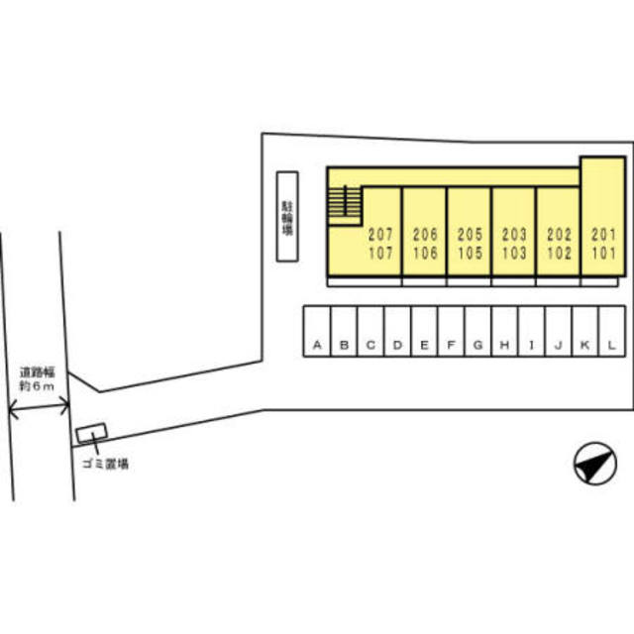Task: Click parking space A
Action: point(317,331)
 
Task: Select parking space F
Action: point(452,331)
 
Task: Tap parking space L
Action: point(612,331)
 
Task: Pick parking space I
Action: point(531,331)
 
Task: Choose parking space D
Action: point(397,331)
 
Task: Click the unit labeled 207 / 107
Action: point(381,231)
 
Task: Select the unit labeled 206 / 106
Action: point(425,231)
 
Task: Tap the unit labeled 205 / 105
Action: point(470,231)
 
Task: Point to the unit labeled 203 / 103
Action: point(514,231)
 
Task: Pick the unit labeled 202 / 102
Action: point(559,231)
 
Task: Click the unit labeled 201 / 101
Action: point(603,216)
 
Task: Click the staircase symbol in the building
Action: point(345,205)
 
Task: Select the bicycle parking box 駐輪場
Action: point(287,217)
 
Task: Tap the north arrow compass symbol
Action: point(595,464)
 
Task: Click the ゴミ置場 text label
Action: point(106,464)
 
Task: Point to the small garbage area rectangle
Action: point(92,433)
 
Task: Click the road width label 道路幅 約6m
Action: point(38,378)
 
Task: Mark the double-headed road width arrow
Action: point(39,407)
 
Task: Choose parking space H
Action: point(504,331)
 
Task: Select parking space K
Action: point(585,331)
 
